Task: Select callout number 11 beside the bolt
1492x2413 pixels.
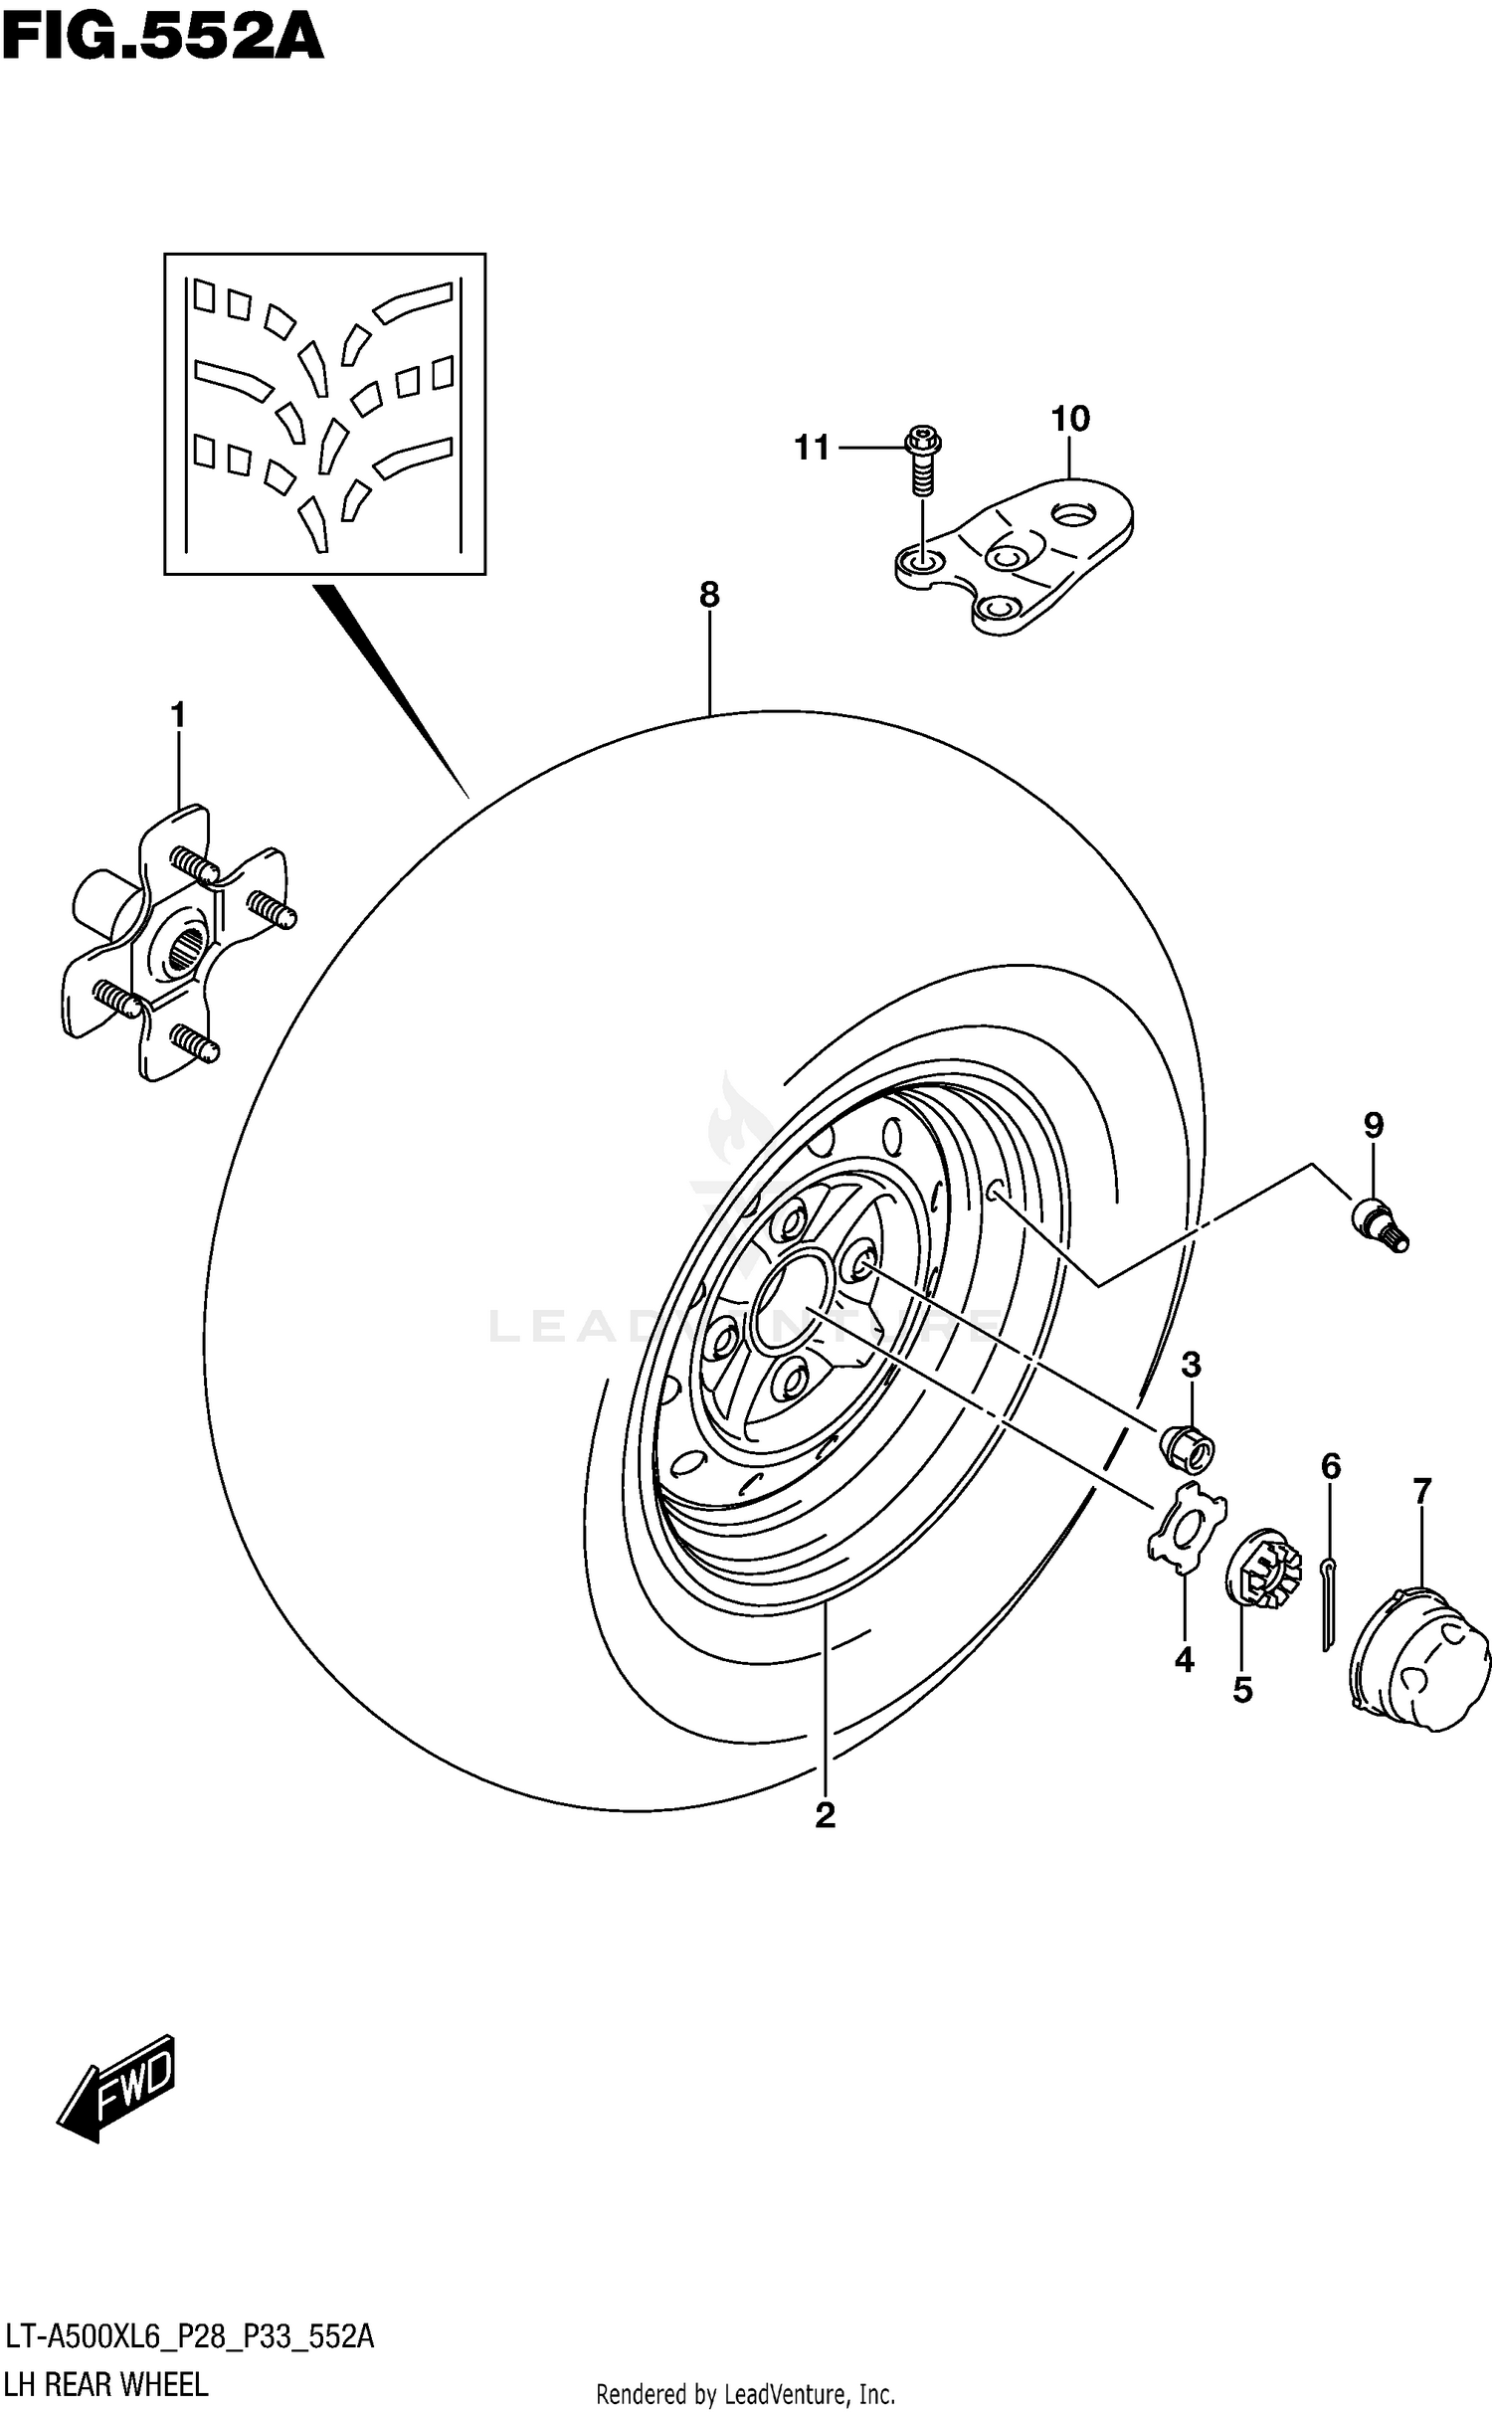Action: (812, 449)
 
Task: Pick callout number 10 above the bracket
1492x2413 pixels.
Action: (1070, 419)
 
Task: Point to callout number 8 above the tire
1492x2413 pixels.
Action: (708, 596)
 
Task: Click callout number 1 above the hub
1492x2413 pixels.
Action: (178, 715)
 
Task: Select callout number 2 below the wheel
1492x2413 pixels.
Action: (825, 1815)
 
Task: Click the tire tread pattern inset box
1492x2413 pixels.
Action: (325, 414)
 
